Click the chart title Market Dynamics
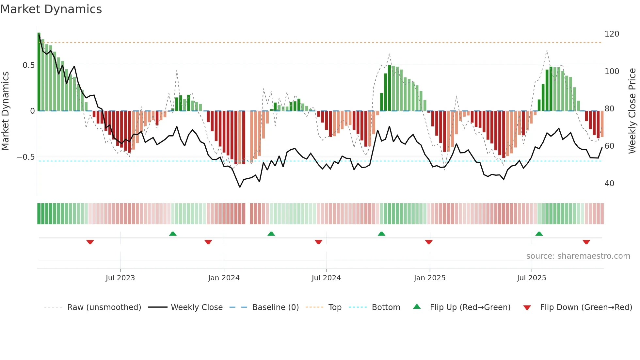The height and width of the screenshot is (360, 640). pyautogui.click(x=51, y=9)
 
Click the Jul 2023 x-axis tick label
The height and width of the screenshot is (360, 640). pyautogui.click(x=120, y=278)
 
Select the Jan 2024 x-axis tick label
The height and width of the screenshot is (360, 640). pyautogui.click(x=224, y=278)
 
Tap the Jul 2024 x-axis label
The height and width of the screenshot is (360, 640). pyautogui.click(x=326, y=278)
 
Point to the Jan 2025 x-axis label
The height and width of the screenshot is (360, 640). pyautogui.click(x=429, y=278)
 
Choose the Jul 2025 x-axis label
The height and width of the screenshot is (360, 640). pyautogui.click(x=531, y=278)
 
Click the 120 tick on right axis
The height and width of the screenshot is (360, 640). pyautogui.click(x=612, y=34)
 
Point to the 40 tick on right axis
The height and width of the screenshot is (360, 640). pyautogui.click(x=609, y=184)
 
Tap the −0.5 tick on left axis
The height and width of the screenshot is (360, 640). pyautogui.click(x=25, y=157)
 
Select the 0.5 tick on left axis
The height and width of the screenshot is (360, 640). pyautogui.click(x=28, y=65)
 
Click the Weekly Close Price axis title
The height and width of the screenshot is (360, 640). pyautogui.click(x=632, y=111)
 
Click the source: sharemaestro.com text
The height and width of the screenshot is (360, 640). pyautogui.click(x=578, y=256)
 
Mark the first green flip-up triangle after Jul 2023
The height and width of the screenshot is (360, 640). pyautogui.click(x=173, y=234)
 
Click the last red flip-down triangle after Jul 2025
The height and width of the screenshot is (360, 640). pyautogui.click(x=586, y=242)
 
